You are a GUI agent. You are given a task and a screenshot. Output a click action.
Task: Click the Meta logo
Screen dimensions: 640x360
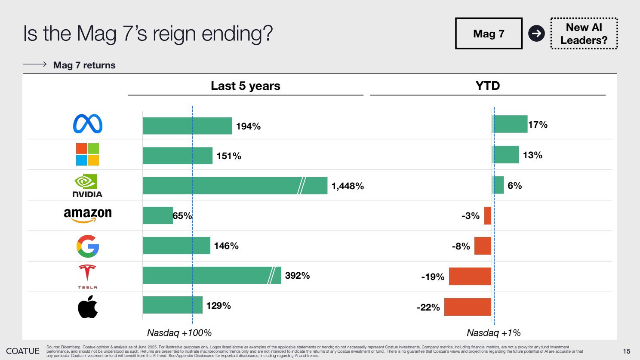tap(88, 124)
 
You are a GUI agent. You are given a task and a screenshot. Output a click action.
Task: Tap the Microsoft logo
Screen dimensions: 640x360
tap(87, 154)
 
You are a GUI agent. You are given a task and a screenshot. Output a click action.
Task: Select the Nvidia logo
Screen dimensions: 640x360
tap(87, 185)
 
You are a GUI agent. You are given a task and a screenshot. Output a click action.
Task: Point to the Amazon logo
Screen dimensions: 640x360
tap(88, 215)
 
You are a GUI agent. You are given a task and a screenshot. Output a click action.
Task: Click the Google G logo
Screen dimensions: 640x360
tap(88, 246)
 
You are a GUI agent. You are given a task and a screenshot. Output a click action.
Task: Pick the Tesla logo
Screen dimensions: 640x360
tap(87, 277)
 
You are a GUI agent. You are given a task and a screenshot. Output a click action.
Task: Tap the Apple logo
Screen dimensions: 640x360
tap(88, 307)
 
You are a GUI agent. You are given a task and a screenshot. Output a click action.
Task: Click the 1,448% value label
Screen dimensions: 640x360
tap(348, 186)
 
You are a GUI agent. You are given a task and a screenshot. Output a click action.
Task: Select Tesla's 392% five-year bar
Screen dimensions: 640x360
tap(212, 275)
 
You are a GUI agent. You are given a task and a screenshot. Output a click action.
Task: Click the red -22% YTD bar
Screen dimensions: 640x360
tap(468, 307)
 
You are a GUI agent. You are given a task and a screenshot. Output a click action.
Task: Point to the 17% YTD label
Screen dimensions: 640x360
tap(538, 125)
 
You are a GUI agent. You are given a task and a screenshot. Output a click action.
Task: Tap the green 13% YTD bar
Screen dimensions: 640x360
tap(505, 154)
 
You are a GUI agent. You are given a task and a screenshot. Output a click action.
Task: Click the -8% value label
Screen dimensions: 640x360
tap(461, 246)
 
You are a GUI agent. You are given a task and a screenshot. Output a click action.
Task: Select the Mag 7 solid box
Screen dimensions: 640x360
tap(489, 34)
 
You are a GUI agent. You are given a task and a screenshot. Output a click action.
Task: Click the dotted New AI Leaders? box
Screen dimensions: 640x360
tap(584, 34)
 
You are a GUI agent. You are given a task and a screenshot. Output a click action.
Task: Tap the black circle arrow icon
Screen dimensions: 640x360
tap(536, 34)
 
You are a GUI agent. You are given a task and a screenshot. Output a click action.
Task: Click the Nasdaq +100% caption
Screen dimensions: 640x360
tap(179, 332)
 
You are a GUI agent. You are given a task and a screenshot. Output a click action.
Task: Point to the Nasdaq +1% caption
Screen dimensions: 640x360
tap(494, 332)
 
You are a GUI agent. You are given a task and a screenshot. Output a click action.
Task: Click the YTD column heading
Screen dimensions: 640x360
tap(488, 86)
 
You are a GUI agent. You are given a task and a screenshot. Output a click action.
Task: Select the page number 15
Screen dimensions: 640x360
tap(627, 351)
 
